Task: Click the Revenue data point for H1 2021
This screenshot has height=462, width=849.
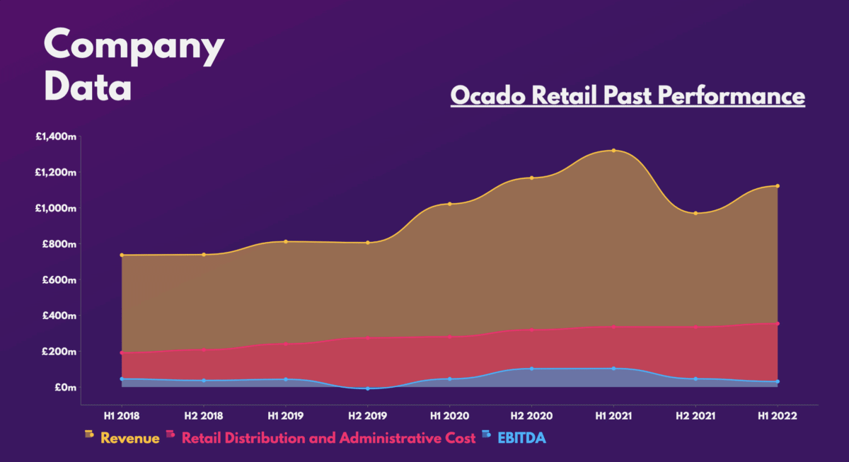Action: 613,150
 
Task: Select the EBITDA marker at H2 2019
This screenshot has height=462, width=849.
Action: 368,388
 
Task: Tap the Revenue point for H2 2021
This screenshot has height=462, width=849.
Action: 695,213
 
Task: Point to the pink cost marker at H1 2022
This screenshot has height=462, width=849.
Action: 778,324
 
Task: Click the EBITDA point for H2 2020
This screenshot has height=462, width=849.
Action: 532,369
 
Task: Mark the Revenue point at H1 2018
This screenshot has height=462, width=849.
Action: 122,255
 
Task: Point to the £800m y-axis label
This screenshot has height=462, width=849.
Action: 59,244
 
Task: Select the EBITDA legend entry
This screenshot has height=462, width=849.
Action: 521,439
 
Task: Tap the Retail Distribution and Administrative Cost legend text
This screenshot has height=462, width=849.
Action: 328,439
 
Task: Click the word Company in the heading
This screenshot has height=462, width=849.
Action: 134,46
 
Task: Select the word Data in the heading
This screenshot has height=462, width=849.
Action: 88,88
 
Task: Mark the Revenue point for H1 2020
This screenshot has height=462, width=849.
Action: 450,204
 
